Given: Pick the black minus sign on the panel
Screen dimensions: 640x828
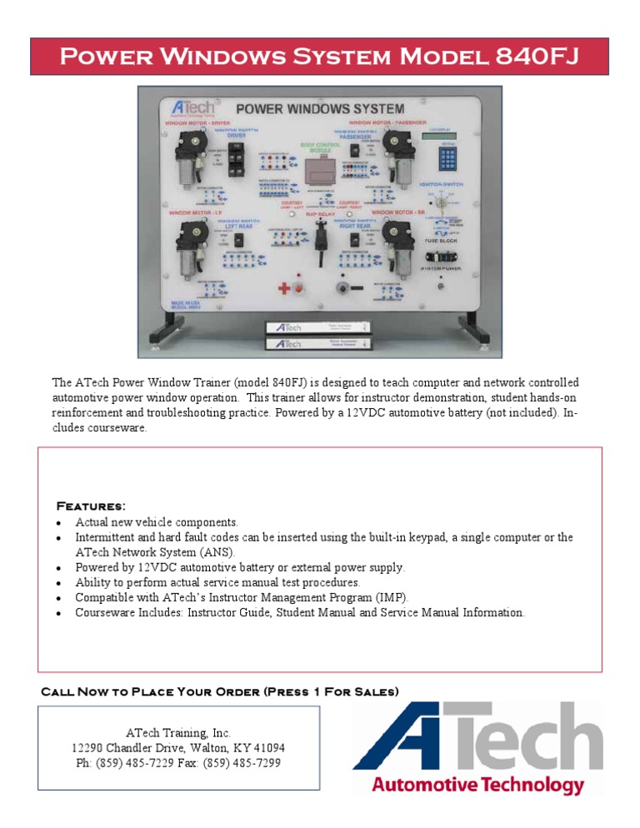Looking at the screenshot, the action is pos(357,288).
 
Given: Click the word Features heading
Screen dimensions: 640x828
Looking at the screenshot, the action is pos(90,506).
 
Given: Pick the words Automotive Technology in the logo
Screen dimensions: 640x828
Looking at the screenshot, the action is pos(477,786).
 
